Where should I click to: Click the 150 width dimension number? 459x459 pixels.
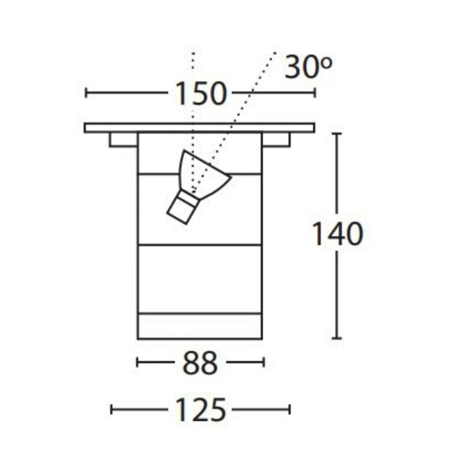201,93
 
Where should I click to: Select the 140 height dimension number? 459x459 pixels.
337,235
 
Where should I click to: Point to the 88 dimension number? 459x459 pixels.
200,363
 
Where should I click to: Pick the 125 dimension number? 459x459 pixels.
201,410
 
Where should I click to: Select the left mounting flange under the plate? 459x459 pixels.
123,140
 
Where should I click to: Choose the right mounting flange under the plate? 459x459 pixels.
276,140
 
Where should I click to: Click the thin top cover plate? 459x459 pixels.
200,128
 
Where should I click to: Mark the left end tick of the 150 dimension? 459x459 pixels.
86,93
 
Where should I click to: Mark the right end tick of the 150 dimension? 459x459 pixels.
315,93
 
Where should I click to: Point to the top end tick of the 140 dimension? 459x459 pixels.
337,134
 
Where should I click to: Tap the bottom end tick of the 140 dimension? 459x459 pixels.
337,339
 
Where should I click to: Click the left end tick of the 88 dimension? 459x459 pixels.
138,363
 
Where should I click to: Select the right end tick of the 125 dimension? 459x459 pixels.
289,409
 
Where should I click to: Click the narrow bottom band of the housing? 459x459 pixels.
200,326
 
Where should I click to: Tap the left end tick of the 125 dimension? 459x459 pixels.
112,409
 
